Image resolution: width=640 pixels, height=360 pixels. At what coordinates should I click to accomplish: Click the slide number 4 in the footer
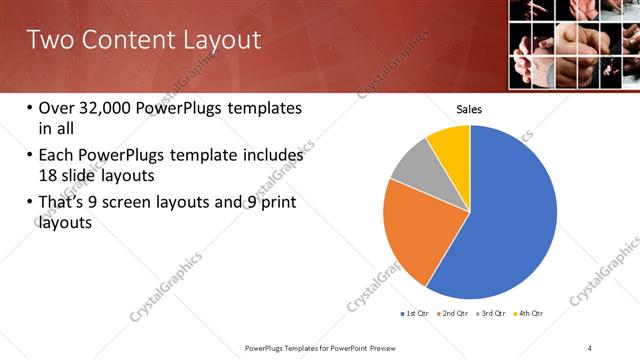point(590,347)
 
